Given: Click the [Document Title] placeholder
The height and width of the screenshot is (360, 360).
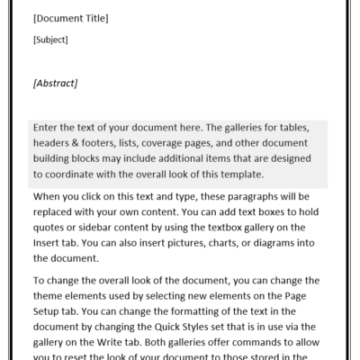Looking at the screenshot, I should (70, 18).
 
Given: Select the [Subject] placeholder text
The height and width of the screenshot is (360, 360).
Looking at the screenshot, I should (50, 40).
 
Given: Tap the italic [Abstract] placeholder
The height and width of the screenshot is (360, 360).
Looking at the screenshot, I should (55, 84).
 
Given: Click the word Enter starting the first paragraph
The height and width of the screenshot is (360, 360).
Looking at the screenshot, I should (47, 128).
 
